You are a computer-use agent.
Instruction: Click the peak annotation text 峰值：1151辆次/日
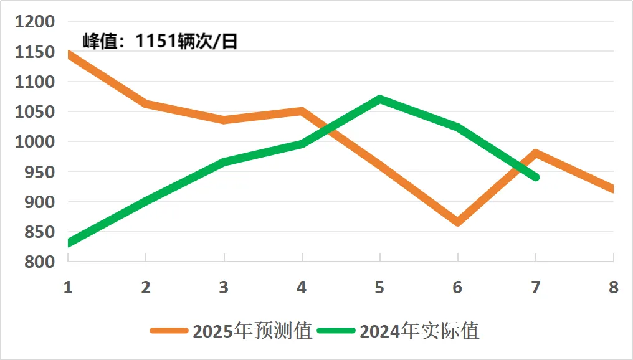(160, 42)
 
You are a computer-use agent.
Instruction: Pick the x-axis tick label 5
(379, 287)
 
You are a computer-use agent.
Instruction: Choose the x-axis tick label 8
(613, 287)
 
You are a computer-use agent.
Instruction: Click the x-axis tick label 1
(67, 287)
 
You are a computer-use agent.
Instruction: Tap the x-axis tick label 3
(224, 287)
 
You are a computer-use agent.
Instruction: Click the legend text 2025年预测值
(252, 331)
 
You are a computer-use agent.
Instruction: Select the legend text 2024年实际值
(419, 331)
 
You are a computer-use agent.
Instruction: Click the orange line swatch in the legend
(169, 331)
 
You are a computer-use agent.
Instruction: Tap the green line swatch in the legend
(336, 331)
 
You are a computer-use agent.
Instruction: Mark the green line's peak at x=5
(379, 99)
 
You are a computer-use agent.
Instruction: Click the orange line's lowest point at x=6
(458, 222)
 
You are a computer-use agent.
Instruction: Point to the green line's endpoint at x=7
(535, 178)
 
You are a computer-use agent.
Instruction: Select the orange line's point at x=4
(302, 111)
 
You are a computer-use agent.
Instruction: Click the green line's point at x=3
(224, 162)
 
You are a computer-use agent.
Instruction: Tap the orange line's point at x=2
(146, 103)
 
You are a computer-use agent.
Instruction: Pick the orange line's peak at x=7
(535, 153)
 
